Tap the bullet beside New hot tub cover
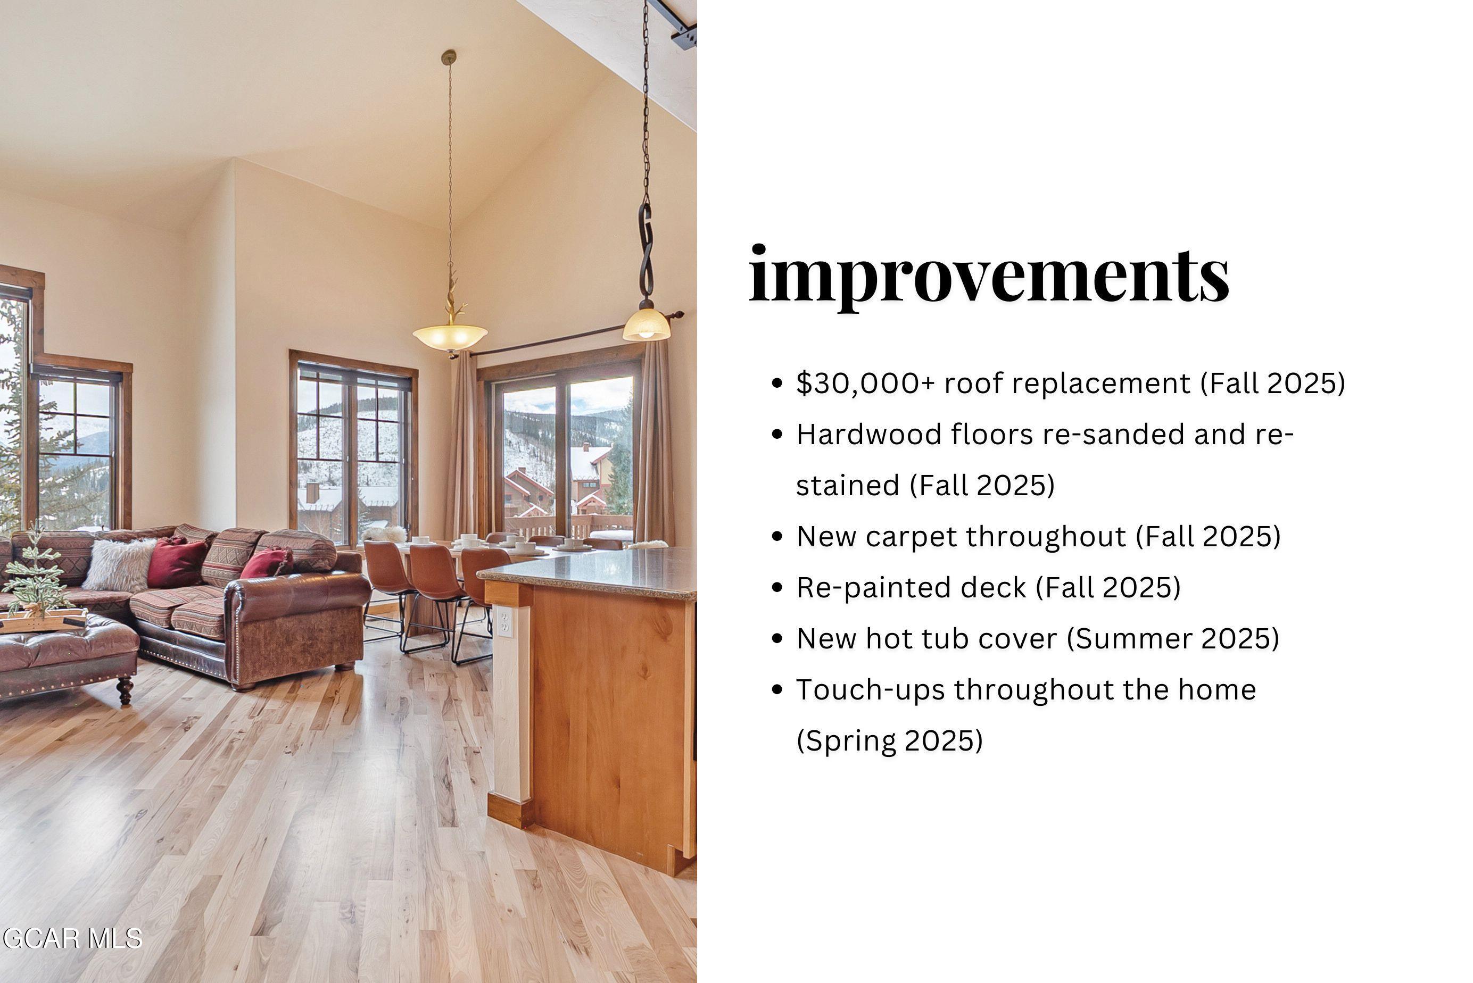tap(777, 639)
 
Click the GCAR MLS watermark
tap(72, 938)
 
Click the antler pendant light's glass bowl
tap(450, 337)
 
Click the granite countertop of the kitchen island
tap(595, 570)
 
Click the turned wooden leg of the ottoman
tap(125, 689)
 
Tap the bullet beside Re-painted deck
tap(777, 587)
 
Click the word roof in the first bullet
tap(973, 384)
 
